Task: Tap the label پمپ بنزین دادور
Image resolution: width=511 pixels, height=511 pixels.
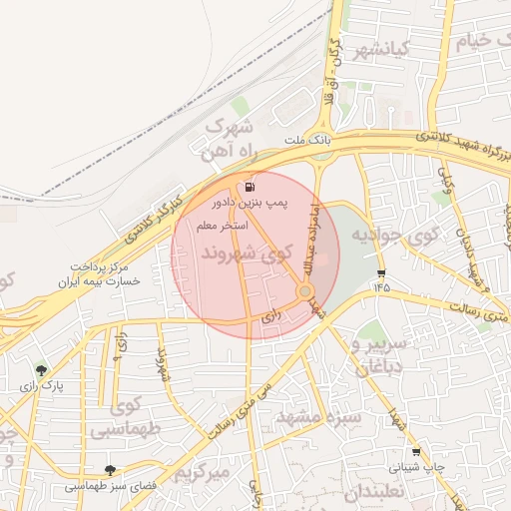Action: [x=249, y=203]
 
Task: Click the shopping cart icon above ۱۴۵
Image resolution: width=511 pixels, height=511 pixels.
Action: [x=380, y=273]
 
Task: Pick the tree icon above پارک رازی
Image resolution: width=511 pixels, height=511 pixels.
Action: [x=40, y=370]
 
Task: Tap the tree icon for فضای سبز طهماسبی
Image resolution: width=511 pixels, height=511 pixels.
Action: [x=109, y=470]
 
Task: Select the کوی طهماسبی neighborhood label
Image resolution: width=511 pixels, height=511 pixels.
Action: [x=124, y=419]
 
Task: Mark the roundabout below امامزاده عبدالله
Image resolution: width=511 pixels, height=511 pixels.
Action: [x=305, y=291]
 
